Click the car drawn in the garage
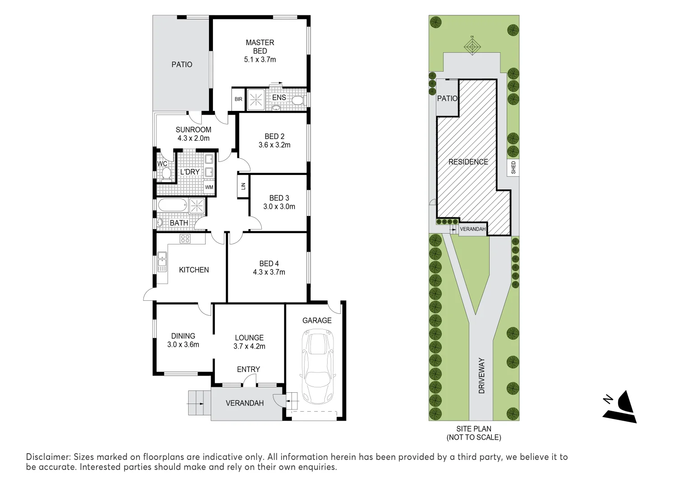[319, 368]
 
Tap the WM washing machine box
[209, 187]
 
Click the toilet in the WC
[166, 174]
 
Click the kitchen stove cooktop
[185, 239]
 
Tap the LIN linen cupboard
[243, 186]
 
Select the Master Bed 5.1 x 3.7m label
[260, 51]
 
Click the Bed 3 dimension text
[279, 207]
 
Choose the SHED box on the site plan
[513, 168]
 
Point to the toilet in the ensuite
[299, 100]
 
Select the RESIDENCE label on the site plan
[468, 162]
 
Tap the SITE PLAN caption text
[473, 429]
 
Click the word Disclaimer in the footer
[47, 457]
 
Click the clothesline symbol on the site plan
[472, 46]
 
